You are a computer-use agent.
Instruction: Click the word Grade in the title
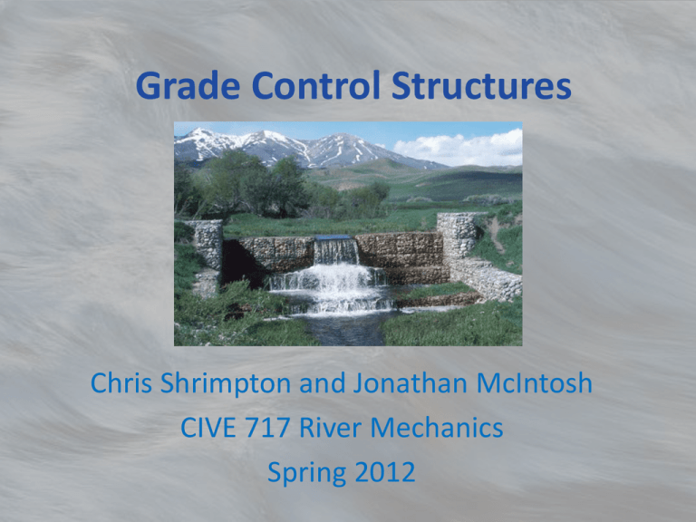click(188, 86)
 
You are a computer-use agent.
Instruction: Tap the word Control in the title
click(316, 85)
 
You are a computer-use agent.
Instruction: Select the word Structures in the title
click(481, 85)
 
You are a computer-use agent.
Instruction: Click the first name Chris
click(121, 382)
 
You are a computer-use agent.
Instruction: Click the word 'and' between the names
click(323, 383)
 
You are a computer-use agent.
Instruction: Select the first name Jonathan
click(411, 382)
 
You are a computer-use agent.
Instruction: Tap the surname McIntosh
click(535, 382)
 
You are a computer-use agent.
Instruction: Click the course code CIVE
click(208, 428)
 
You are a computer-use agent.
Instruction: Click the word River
click(330, 428)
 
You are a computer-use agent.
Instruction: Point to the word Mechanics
click(437, 428)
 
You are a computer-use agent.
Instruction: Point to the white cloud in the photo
click(459, 149)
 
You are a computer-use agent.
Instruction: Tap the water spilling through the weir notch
click(336, 251)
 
